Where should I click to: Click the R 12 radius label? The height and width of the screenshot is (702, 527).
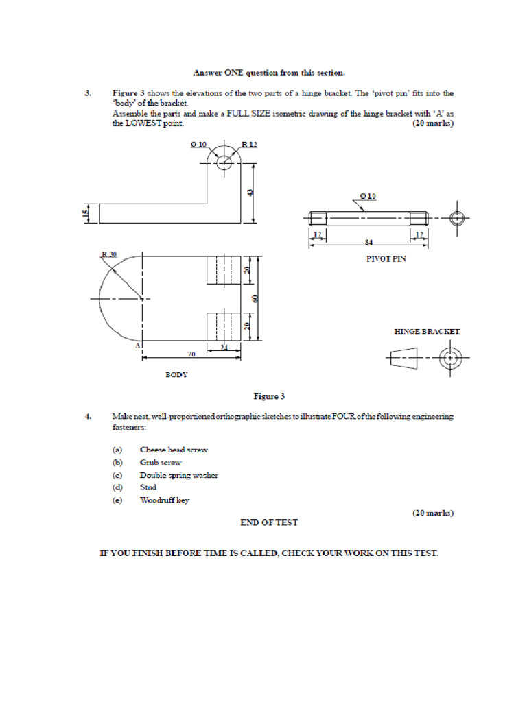(248, 145)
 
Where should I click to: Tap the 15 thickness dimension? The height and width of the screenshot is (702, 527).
(86, 213)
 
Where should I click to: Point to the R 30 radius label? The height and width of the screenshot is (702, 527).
(109, 254)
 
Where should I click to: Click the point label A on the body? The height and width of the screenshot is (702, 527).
(137, 346)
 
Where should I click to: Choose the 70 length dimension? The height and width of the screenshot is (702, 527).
(191, 354)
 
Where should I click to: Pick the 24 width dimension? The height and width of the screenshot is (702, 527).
(224, 348)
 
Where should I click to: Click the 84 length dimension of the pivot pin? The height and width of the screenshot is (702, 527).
(369, 242)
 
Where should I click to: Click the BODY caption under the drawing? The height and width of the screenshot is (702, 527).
(176, 375)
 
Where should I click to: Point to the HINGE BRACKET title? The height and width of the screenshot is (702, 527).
(427, 331)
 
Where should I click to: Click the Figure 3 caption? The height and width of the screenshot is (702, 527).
(269, 396)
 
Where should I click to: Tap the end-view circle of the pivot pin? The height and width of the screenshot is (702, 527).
(458, 219)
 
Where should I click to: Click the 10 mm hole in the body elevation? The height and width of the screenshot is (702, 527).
(224, 163)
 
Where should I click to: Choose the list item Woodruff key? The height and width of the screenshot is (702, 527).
(165, 500)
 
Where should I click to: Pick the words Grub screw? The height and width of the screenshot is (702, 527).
(161, 463)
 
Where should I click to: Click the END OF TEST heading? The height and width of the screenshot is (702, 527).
(269, 522)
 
